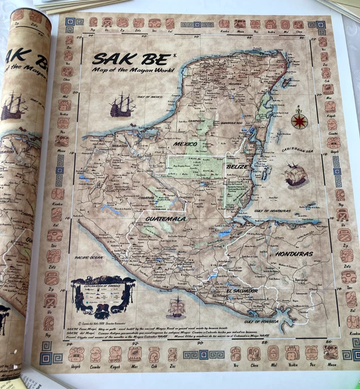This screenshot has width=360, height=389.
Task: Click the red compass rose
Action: [299, 120]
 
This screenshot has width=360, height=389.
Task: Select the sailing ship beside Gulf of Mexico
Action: [122, 105]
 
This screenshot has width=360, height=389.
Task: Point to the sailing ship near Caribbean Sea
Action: [296, 174]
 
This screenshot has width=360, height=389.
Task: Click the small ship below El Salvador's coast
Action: [175, 307]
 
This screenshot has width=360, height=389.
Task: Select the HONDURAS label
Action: [293, 253]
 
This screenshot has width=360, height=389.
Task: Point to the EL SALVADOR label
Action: [241, 291]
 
